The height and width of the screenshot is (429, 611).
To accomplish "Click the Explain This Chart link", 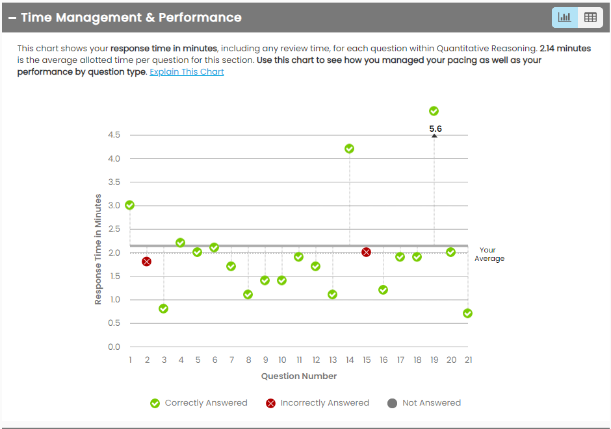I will pos(187,72).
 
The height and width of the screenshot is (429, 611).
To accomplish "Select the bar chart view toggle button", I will pos(564,18).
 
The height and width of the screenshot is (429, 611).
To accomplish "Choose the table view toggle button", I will pos(590,18).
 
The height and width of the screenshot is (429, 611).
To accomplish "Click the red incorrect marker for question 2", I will pos(146,262).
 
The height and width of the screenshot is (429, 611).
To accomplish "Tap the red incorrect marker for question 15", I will pos(366,252).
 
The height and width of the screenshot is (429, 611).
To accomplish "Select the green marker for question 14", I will pos(349,149).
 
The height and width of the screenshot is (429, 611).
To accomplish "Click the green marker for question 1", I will pos(129,205).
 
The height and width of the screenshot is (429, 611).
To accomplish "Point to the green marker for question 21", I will pos(467,313).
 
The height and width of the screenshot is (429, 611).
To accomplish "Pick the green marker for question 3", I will pos(163,308).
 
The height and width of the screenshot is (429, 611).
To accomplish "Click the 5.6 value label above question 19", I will pos(435,129).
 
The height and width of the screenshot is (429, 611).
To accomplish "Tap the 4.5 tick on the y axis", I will pos(114,135).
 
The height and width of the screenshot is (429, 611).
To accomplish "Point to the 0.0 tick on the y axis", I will pos(114,347).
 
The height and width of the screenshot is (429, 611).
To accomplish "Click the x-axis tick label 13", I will pos(333,360).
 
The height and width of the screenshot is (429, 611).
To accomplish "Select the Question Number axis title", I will pos(299,376).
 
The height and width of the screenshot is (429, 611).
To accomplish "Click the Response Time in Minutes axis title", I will pos(98,249).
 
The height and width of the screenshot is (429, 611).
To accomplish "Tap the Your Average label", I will pos(488,254).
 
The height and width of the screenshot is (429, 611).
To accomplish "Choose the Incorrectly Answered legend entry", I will pos(318,403).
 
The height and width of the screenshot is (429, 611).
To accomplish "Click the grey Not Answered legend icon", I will pos(392,403).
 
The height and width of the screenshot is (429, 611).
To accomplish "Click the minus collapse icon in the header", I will pos(12,18).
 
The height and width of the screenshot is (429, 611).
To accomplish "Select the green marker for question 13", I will pos(332,295).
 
